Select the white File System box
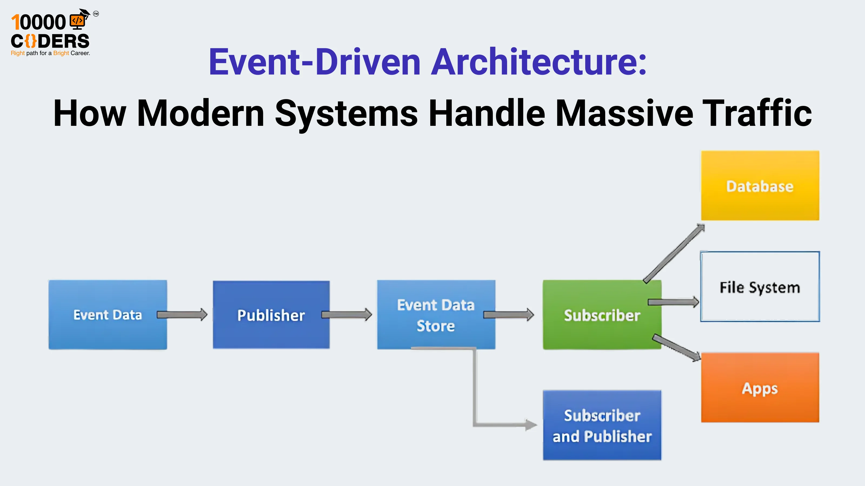[760, 287]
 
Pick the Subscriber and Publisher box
[602, 425]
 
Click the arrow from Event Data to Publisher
[182, 315]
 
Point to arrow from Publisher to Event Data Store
[347, 315]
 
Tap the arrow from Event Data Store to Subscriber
[508, 315]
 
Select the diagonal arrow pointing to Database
[674, 254]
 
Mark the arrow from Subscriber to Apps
[676, 348]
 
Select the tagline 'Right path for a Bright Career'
[50, 53]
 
